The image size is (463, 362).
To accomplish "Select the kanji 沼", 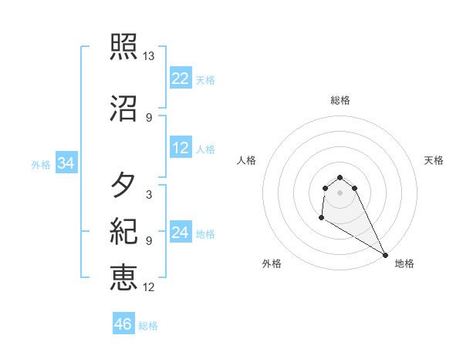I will coord(123,109).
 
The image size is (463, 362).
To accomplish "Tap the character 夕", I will coord(123,186).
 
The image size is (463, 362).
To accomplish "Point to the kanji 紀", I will coord(123,231).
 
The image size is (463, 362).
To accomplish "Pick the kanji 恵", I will coord(123,277).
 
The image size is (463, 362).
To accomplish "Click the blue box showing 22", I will coord(181,79).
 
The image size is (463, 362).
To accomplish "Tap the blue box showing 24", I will coord(181,233).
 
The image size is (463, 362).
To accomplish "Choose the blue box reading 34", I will coord(66,163).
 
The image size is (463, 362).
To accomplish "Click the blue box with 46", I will coord(123,324).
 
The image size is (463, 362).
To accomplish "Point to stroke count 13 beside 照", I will coord(149,56).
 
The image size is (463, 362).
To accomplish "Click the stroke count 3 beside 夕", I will coord(149,194).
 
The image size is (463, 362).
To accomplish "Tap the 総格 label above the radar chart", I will coord(340,100).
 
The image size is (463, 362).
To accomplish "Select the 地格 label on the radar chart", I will coord(404,263).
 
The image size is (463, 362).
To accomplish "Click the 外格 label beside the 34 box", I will coord(41,164).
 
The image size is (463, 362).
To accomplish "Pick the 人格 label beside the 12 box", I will coord(205,149).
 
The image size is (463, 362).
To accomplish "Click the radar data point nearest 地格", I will coord(385,255).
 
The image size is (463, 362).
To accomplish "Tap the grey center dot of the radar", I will coord(340,192).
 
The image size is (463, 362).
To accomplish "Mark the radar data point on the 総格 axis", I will coord(340,175).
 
